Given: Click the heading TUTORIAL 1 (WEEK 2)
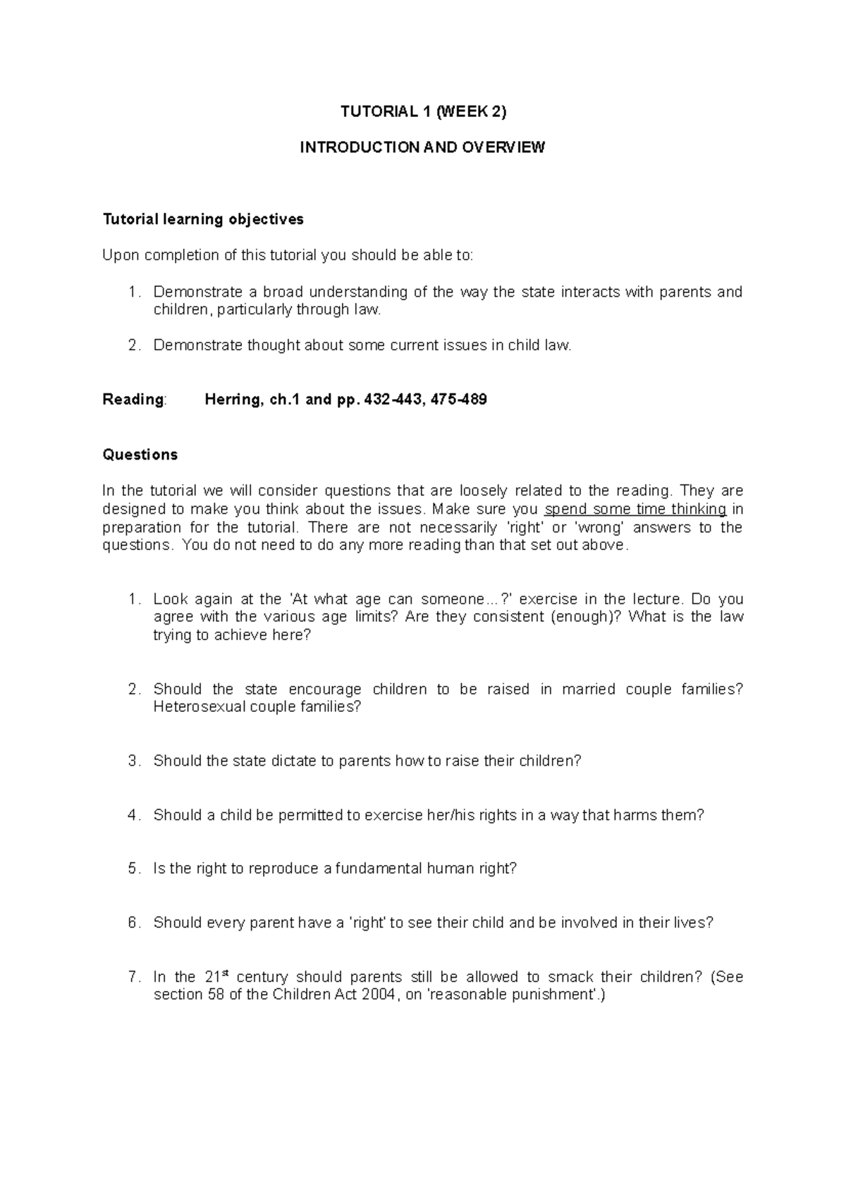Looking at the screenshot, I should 423,111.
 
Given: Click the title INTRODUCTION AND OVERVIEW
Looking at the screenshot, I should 422,147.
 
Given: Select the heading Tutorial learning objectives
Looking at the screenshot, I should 203,219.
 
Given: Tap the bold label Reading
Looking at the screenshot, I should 133,400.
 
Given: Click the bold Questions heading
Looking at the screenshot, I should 140,455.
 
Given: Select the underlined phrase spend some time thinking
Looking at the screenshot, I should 636,509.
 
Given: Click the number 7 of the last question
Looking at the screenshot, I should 133,977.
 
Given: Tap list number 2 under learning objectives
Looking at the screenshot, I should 133,345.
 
